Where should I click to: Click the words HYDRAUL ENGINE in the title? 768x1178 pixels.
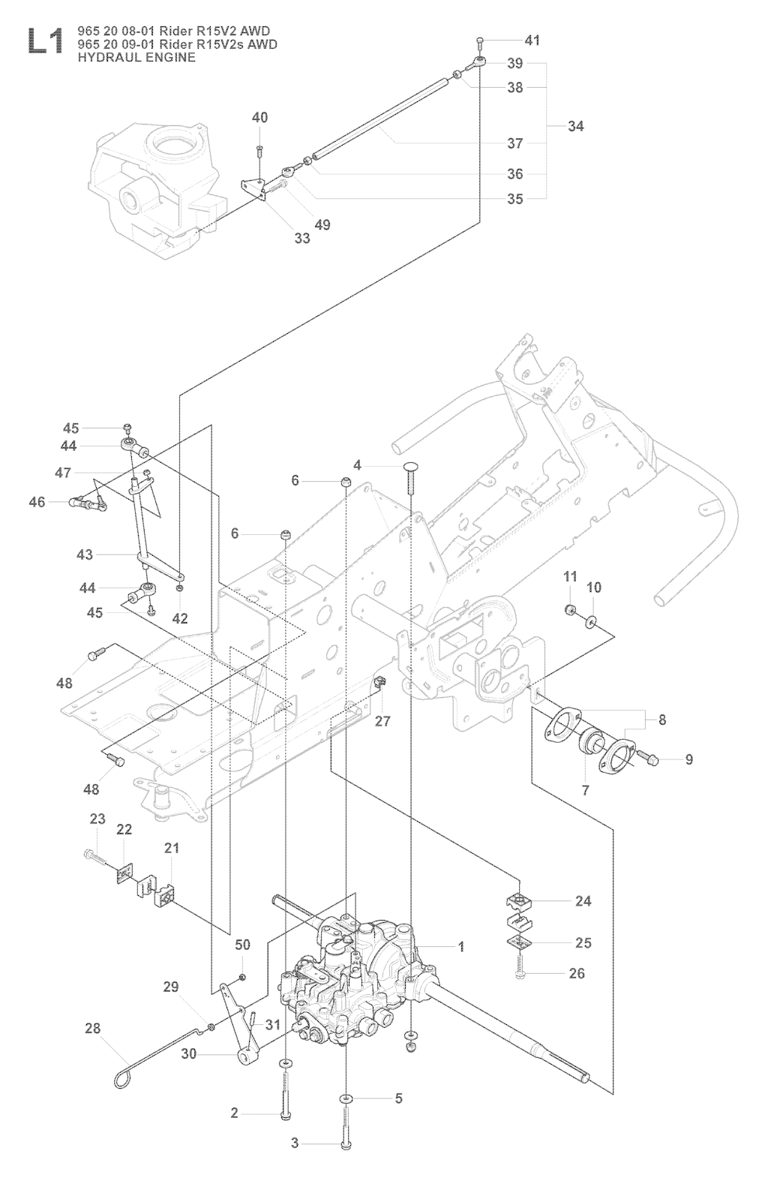[x=132, y=57]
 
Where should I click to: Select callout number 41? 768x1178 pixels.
[x=532, y=41]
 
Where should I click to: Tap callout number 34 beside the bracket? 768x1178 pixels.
[x=575, y=126]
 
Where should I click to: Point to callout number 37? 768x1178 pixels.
[x=514, y=143]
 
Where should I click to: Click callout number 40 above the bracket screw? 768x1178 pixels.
[x=259, y=118]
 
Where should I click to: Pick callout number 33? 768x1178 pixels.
[x=301, y=239]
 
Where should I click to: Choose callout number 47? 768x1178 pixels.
[x=63, y=473]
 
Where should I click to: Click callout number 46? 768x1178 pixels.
[x=37, y=502]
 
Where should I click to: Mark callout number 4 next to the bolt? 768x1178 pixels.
[x=358, y=466]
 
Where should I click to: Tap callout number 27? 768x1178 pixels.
[x=382, y=721]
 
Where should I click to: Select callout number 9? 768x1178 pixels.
[x=688, y=760]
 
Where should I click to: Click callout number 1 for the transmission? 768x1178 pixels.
[x=461, y=947]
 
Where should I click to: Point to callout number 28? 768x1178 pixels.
[x=92, y=1028]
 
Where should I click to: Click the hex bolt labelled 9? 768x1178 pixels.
[x=649, y=759]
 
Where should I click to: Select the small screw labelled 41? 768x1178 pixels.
[x=480, y=40]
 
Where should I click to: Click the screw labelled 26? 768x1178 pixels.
[x=519, y=973]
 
